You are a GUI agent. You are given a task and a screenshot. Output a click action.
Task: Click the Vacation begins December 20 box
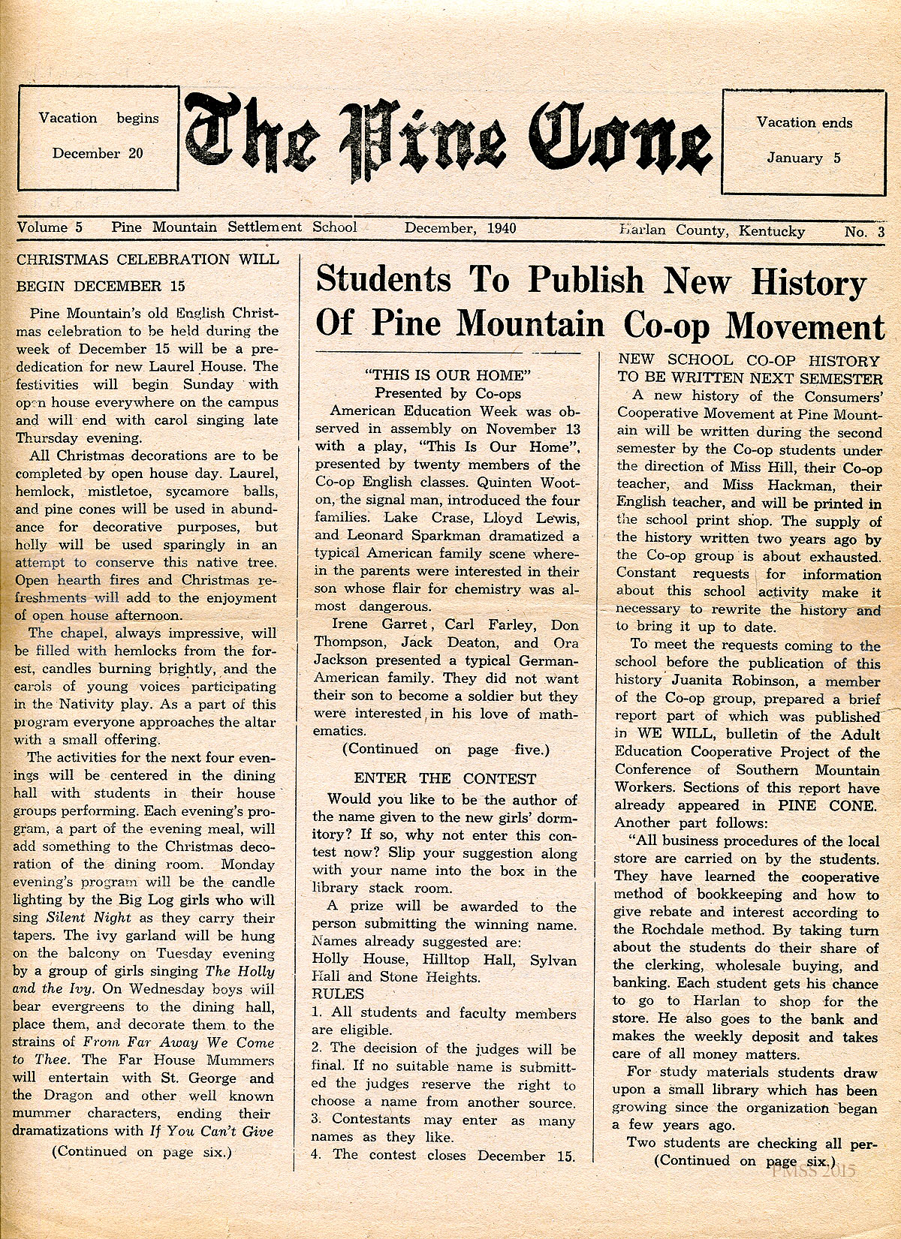point(98,137)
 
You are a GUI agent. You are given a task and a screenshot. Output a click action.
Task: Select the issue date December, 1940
point(460,228)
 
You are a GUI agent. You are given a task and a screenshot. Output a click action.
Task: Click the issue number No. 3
point(864,232)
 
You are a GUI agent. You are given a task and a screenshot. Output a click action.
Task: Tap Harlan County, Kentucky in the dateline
point(712,231)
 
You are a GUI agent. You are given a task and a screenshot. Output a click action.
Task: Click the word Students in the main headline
point(384,280)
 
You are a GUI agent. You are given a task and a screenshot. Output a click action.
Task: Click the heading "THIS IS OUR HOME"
point(447,374)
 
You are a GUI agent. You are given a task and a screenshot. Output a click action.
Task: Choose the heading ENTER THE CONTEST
point(445,779)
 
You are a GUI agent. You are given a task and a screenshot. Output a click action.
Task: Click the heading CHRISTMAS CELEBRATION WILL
point(147,260)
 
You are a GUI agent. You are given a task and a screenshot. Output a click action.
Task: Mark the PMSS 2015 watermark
point(812,1171)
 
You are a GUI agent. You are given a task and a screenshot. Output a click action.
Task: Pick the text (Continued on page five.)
point(446,749)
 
